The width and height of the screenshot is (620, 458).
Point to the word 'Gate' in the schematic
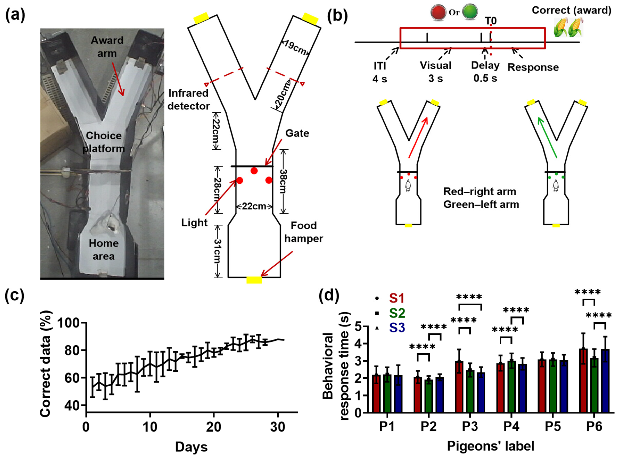[x=297, y=133]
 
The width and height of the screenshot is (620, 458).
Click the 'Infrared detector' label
[x=188, y=100]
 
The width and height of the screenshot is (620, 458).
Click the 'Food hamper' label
[x=304, y=232]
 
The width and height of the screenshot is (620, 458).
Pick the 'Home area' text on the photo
[x=104, y=250]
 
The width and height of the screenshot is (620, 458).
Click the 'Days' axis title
[x=191, y=447]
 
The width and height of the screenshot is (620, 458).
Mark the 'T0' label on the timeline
[x=491, y=21]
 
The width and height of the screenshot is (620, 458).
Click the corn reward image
[x=568, y=27]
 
